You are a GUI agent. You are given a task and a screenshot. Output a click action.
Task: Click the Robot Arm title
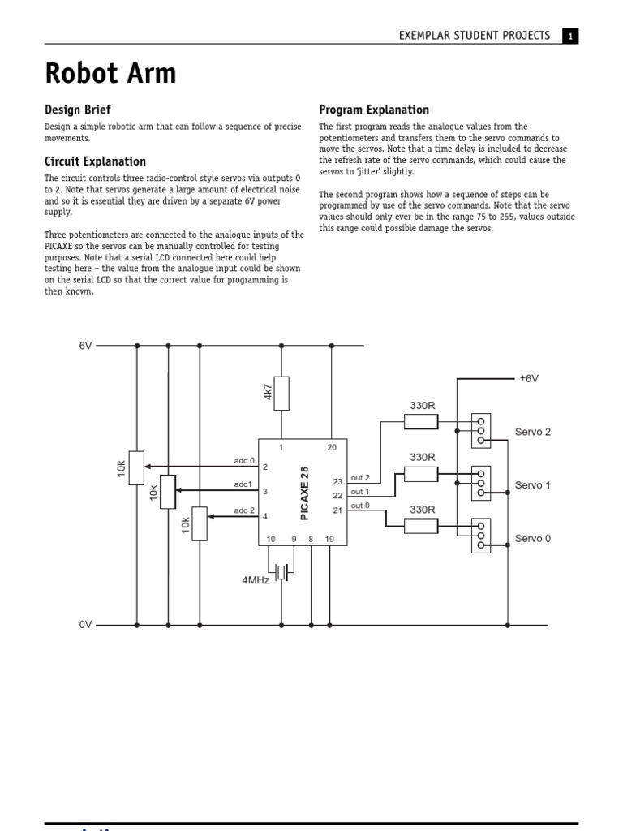(110, 74)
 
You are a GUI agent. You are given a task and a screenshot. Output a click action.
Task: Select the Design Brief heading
(77, 110)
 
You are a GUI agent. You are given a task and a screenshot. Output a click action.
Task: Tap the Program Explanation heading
(374, 110)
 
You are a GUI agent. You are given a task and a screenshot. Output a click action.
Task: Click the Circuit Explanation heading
(95, 161)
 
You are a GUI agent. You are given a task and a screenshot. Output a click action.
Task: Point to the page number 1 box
(570, 36)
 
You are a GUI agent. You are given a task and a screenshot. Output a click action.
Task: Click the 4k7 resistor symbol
(281, 393)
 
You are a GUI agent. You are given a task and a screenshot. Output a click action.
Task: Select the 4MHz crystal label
(256, 580)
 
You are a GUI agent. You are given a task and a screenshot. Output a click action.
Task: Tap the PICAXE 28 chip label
(305, 493)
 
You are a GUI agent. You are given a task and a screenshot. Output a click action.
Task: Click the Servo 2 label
(533, 432)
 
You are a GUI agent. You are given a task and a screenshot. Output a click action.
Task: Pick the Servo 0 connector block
(481, 536)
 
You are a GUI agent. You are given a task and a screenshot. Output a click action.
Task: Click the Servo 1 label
(533, 485)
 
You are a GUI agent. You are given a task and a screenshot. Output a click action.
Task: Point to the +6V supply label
(529, 378)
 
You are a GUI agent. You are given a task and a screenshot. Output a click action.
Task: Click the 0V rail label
(85, 625)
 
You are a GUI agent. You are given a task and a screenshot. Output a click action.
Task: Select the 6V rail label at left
(85, 345)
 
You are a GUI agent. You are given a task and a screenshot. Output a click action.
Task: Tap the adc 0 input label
(244, 460)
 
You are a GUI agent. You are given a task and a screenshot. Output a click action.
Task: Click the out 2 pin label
(360, 478)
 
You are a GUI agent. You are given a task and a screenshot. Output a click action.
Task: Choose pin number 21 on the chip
(337, 510)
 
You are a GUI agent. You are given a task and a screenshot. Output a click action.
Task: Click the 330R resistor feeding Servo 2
(421, 421)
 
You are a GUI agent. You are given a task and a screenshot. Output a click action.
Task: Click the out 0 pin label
(360, 506)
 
